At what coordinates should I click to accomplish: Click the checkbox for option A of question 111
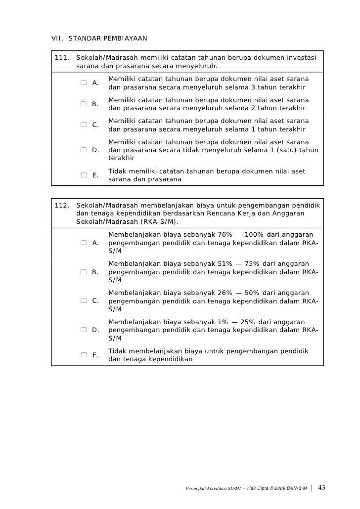click(x=85, y=83)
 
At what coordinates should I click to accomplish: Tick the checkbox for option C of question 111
click(x=85, y=125)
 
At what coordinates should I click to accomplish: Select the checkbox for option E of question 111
click(x=85, y=174)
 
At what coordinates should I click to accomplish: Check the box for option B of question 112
click(x=85, y=271)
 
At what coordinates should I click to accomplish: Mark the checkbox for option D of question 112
click(x=85, y=329)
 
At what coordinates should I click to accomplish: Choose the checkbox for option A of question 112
click(x=85, y=242)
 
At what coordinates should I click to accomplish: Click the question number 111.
click(x=61, y=57)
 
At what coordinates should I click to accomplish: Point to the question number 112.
click(x=61, y=205)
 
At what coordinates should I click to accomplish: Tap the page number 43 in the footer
click(x=322, y=488)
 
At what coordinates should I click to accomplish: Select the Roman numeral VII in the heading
click(x=58, y=38)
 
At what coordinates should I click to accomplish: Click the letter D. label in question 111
click(x=96, y=150)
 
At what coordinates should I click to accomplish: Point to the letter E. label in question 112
click(x=96, y=355)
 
